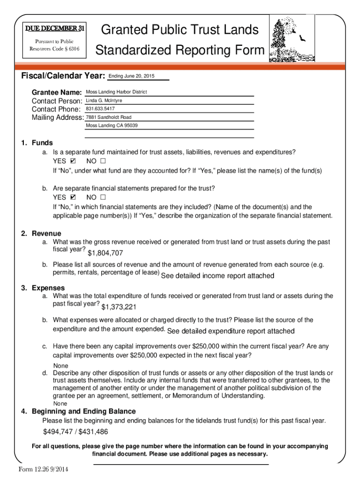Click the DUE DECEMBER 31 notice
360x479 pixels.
(55, 29)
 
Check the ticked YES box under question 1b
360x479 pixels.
(73, 197)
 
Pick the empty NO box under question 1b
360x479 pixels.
(103, 197)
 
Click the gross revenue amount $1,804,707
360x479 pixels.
(105, 253)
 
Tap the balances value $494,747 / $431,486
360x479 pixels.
(75, 432)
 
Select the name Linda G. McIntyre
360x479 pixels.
(104, 101)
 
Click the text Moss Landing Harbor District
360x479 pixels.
(116, 92)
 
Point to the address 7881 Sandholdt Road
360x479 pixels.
(108, 117)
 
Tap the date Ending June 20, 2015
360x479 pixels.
(131, 76)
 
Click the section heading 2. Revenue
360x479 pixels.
(41, 233)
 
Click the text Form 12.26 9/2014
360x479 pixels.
(44, 470)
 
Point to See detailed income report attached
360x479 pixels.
(217, 276)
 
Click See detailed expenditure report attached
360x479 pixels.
(231, 331)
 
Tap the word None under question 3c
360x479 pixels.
(60, 366)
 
